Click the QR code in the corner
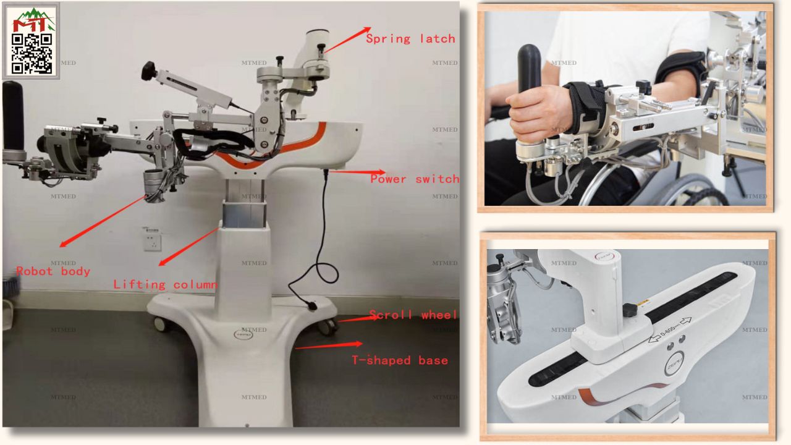[x=32, y=53]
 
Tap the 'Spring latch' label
[x=410, y=39]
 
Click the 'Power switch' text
[x=415, y=179]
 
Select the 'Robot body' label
[x=53, y=271]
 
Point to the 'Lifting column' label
[x=165, y=285]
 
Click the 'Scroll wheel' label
[x=413, y=315]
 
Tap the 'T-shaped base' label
[x=400, y=360]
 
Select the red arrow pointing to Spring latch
[x=347, y=40]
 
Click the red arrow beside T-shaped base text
[x=328, y=345]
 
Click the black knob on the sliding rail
[x=630, y=309]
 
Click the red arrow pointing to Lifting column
[x=188, y=245]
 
